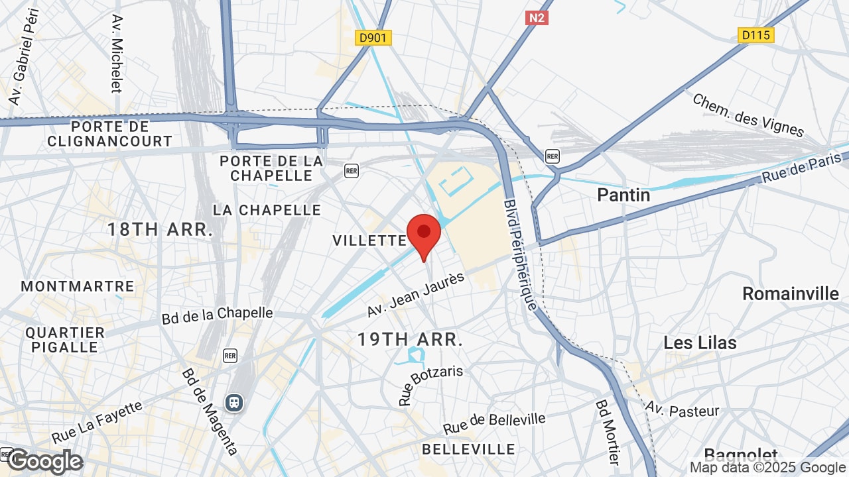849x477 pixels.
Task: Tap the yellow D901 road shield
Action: tap(373, 38)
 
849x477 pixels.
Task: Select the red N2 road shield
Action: tap(536, 18)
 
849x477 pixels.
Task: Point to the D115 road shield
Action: tap(755, 34)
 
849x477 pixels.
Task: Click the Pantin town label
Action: tap(623, 195)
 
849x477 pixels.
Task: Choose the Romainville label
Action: tap(790, 293)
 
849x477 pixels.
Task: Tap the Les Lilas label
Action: tap(700, 343)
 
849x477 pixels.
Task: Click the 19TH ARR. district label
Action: tap(410, 339)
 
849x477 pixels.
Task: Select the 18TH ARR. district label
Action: tap(160, 230)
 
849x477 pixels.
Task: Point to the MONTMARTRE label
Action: tap(78, 286)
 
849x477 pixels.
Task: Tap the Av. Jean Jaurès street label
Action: tap(415, 293)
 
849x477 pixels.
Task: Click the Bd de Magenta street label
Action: tap(210, 411)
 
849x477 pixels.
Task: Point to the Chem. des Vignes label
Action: tap(748, 115)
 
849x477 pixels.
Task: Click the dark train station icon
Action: tap(233, 401)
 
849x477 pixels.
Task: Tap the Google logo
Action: tap(44, 461)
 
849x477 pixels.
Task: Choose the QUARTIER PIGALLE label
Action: tap(65, 339)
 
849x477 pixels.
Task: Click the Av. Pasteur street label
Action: tap(683, 410)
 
